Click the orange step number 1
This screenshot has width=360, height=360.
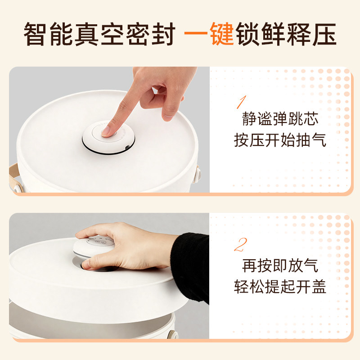point(241,102)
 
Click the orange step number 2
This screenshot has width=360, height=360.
point(240,245)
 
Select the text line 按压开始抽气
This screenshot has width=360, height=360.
point(279,140)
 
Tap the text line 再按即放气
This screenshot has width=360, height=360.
point(279,265)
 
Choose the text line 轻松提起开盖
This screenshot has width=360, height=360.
point(279,287)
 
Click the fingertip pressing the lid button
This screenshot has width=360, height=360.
point(108,131)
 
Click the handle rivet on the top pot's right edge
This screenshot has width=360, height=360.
point(197,171)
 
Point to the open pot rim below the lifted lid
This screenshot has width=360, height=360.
point(90,310)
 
